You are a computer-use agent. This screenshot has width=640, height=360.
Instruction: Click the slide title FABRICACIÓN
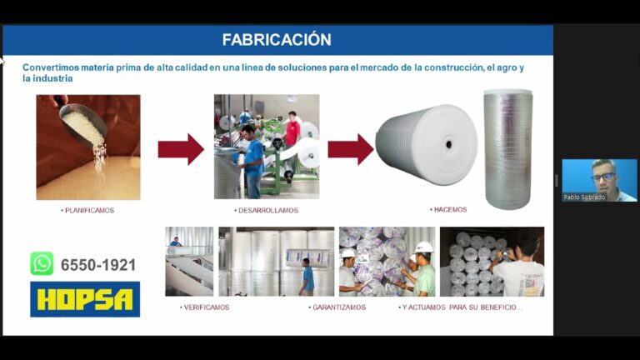tap(277, 40)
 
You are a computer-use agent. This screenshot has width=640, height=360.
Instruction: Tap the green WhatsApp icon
tap(42, 263)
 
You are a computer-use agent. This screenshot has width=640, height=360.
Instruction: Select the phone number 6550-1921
tap(98, 265)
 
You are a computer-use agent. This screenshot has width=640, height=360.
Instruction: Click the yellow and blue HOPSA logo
tap(85, 299)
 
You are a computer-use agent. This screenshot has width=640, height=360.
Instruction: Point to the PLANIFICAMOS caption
tap(87, 210)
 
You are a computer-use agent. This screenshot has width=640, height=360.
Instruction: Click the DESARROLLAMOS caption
tap(266, 210)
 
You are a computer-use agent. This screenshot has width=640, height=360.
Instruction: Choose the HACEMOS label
tap(448, 209)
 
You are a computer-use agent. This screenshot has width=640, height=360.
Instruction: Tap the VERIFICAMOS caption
tap(204, 307)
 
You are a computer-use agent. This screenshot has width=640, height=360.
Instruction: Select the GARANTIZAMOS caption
tap(337, 307)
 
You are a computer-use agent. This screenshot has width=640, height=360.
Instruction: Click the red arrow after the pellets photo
tap(181, 149)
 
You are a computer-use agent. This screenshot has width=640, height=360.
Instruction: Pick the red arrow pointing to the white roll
tap(351, 149)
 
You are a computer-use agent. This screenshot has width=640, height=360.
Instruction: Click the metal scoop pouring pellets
tap(83, 124)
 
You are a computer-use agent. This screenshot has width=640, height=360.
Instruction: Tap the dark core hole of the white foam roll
tap(449, 144)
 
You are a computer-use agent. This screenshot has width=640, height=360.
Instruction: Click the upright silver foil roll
tap(508, 149)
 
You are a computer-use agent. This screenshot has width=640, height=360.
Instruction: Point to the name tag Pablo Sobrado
tap(584, 197)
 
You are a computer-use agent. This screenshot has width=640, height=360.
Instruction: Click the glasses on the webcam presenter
tap(603, 177)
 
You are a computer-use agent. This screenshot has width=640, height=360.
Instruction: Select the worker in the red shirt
tap(292, 131)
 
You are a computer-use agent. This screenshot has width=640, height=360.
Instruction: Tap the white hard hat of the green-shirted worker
tap(423, 247)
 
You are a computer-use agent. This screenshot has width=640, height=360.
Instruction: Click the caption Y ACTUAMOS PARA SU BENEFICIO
tap(460, 307)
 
